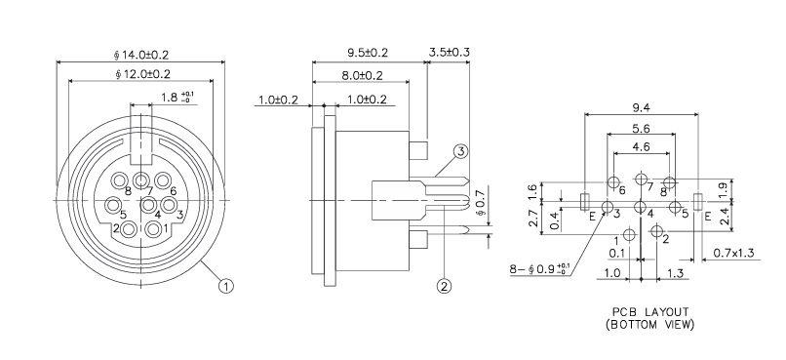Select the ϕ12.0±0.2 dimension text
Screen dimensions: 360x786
click(x=142, y=74)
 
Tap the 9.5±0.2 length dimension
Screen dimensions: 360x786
click(x=369, y=51)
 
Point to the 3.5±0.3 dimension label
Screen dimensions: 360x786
click(x=451, y=51)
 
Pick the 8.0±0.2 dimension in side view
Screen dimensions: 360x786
click(x=361, y=75)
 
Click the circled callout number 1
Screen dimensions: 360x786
click(x=225, y=286)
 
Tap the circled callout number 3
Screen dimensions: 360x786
click(x=460, y=151)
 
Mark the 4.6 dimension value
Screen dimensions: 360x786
click(x=641, y=147)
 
